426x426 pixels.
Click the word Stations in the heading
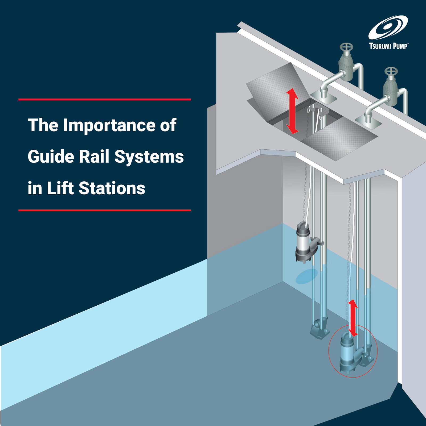pos(112,188)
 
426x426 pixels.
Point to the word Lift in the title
pos(60,188)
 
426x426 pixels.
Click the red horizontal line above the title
pos(104,100)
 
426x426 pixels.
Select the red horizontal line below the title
pos(104,210)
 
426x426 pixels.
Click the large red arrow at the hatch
pos(292,111)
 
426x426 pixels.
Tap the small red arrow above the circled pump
pos(353,317)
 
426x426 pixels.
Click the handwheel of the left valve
pos(346,47)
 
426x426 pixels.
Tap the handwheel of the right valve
pos(391,72)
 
